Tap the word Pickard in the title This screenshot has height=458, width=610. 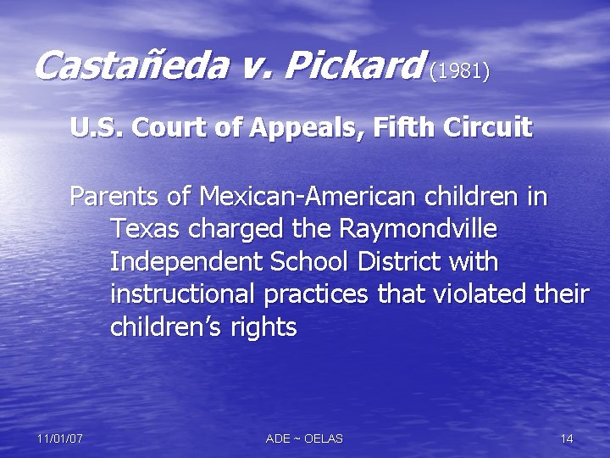(357, 65)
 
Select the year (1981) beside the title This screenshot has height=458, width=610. (459, 70)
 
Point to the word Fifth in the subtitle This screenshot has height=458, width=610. (391, 128)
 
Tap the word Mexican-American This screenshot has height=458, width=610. (307, 197)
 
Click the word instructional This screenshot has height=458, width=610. (183, 294)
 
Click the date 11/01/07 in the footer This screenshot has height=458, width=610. (59, 438)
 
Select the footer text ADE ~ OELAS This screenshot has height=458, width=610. (304, 438)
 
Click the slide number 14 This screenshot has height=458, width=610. (567, 438)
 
